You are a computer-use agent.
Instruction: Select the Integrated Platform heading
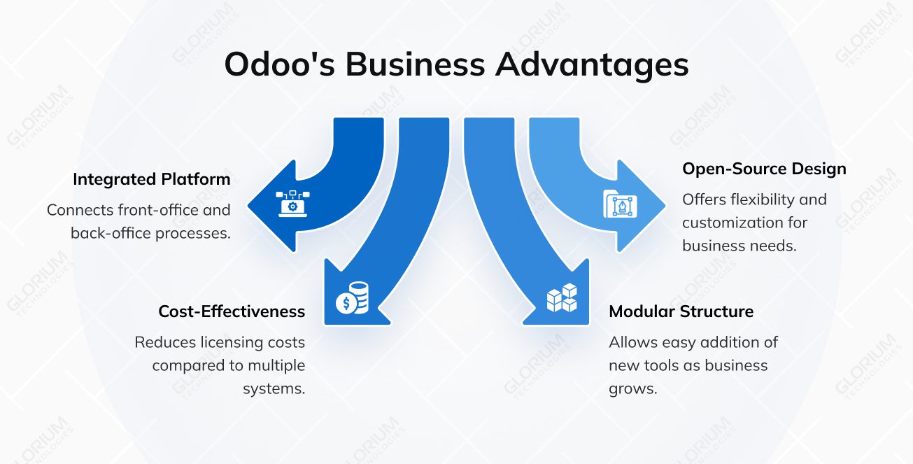pyautogui.click(x=151, y=179)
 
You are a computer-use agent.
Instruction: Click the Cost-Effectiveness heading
pyautogui.click(x=232, y=311)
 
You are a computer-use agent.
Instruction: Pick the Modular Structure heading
pyautogui.click(x=681, y=311)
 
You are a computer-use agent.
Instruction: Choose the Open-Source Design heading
pyautogui.click(x=764, y=169)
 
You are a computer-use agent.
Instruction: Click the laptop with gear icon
pyautogui.click(x=292, y=204)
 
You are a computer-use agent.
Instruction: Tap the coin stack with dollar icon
pyautogui.click(x=352, y=298)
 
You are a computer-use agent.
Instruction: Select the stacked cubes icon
pyautogui.click(x=562, y=298)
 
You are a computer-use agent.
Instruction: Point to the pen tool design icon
pyautogui.click(x=619, y=204)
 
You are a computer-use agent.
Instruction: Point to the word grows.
pyautogui.click(x=633, y=388)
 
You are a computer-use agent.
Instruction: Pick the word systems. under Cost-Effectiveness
pyautogui.click(x=274, y=388)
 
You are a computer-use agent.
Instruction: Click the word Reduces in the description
pyautogui.click(x=161, y=342)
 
